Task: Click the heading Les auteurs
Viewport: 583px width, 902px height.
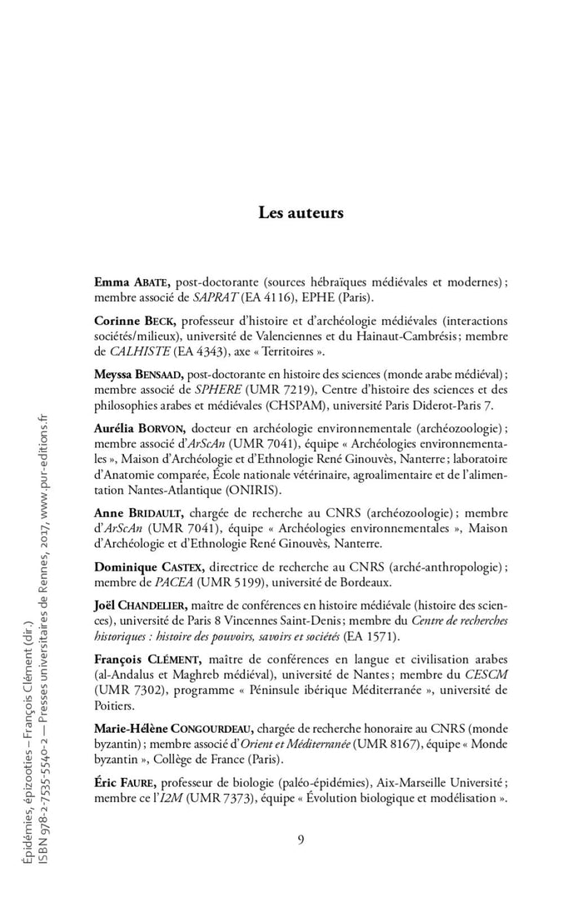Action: click(301, 212)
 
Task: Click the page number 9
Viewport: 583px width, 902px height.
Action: click(301, 839)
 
